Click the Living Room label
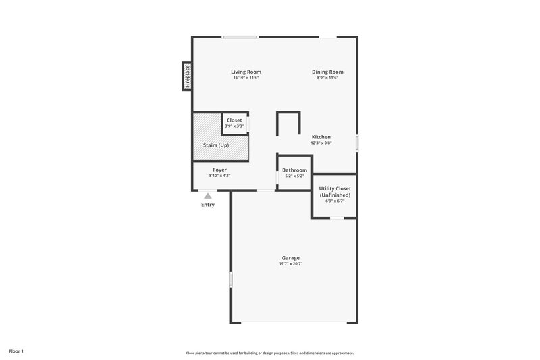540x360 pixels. [246, 72]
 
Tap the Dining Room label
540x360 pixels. [327, 72]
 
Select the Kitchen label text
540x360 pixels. [321, 136]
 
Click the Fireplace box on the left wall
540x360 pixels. [187, 76]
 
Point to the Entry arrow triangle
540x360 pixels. [208, 196]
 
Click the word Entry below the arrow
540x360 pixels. [208, 205]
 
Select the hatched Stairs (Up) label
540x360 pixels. [216, 145]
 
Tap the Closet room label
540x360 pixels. [234, 120]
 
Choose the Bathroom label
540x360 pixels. [294, 170]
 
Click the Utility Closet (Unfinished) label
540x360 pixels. [335, 192]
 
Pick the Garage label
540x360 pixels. [291, 257]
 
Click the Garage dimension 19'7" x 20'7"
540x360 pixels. [291, 263]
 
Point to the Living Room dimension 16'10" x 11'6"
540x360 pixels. [246, 78]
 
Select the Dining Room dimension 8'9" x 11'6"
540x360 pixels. [327, 78]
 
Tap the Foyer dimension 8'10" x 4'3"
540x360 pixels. [219, 176]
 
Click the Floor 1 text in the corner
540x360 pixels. [17, 351]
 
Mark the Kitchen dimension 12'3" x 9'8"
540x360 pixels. [321, 143]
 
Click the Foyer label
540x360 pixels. [219, 170]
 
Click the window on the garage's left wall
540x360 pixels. [231, 279]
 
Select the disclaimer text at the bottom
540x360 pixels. [270, 353]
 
